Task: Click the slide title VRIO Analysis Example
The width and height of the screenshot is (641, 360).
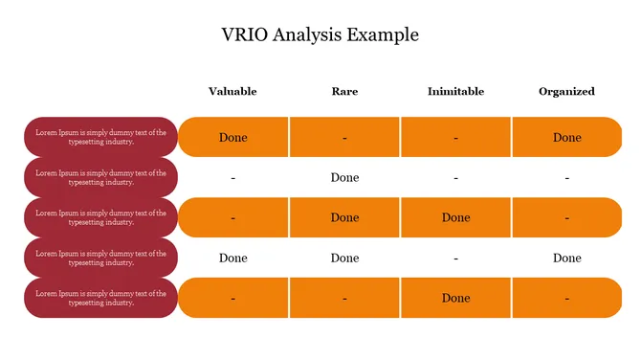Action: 320,34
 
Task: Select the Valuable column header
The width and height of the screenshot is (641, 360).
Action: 232,92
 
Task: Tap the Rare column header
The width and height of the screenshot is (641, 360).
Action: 344,92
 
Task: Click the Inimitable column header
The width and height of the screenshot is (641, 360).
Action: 455,92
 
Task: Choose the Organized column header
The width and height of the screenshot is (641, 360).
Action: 566,92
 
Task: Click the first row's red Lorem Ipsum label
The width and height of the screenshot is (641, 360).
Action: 100,137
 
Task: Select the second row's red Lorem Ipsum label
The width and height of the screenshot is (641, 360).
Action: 100,177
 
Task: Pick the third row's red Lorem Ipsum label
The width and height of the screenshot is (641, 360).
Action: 100,217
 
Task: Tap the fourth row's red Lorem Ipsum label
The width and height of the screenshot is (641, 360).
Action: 100,258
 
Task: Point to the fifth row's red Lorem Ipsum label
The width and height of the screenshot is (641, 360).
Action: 100,298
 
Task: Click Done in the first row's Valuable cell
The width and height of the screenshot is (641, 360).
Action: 232,137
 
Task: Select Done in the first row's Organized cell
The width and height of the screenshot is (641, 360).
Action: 566,137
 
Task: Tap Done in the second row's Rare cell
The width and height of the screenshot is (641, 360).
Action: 344,177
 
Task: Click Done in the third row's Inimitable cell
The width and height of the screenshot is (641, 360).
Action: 455,217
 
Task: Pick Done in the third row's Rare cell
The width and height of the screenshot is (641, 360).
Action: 344,217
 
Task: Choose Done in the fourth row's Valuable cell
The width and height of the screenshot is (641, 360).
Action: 232,258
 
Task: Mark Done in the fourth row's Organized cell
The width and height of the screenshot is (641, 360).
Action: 566,258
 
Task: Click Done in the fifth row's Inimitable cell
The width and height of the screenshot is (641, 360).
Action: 455,298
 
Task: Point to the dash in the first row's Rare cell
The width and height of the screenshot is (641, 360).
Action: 344,138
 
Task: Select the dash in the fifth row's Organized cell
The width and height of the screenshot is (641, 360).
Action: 566,299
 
